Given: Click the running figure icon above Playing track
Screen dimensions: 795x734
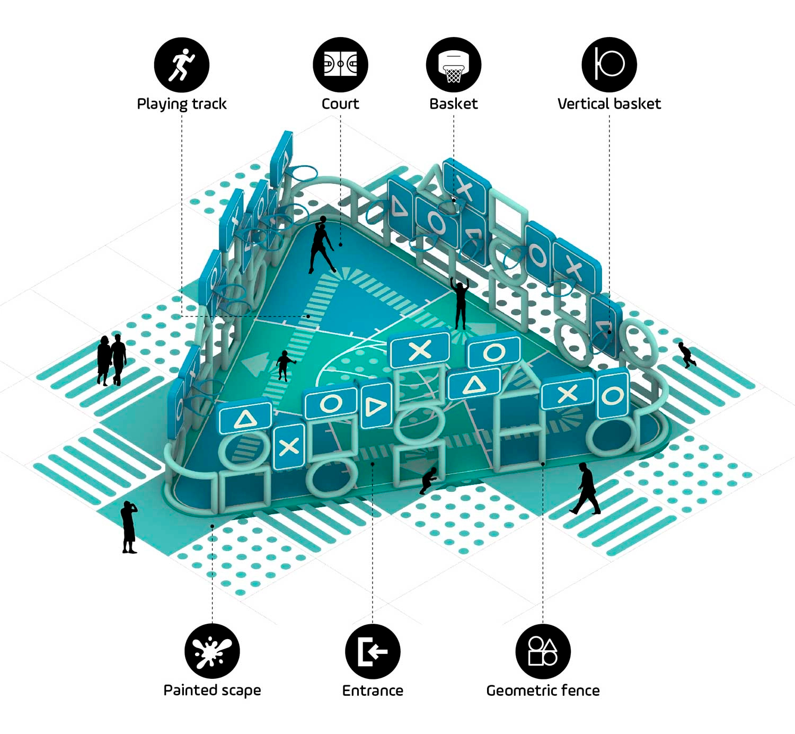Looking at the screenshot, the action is pos(182,65).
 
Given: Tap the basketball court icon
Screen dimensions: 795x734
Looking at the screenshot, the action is pos(340,64).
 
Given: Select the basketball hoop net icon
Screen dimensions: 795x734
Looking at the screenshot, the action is pos(454,65).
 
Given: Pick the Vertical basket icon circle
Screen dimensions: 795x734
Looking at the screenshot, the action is pos(609,64).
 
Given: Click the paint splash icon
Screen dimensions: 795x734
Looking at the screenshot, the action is pos(212,651).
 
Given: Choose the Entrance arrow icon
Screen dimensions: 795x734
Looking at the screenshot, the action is pos(373,651).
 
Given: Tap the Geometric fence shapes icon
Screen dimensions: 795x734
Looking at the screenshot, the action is pos(543,651).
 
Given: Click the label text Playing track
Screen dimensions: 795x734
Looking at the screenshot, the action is pos(182,104).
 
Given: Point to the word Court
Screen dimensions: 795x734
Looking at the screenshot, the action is pos(340,104).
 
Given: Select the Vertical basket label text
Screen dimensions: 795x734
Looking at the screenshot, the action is pos(609,104).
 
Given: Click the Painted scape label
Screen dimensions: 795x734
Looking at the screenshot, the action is pos(212,691).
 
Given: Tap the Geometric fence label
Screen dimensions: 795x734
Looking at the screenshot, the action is pos(543,691).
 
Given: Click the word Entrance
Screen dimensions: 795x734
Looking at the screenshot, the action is pos(373,691).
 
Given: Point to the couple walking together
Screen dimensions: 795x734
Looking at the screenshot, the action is pos(112,360).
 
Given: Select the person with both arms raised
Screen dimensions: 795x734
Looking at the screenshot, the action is pos(461,304).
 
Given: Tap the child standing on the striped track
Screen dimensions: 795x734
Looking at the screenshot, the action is pos(284,366).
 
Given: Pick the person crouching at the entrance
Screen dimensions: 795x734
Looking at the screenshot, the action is pos(428,481).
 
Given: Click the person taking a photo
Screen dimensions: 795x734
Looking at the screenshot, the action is pos(129,527).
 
